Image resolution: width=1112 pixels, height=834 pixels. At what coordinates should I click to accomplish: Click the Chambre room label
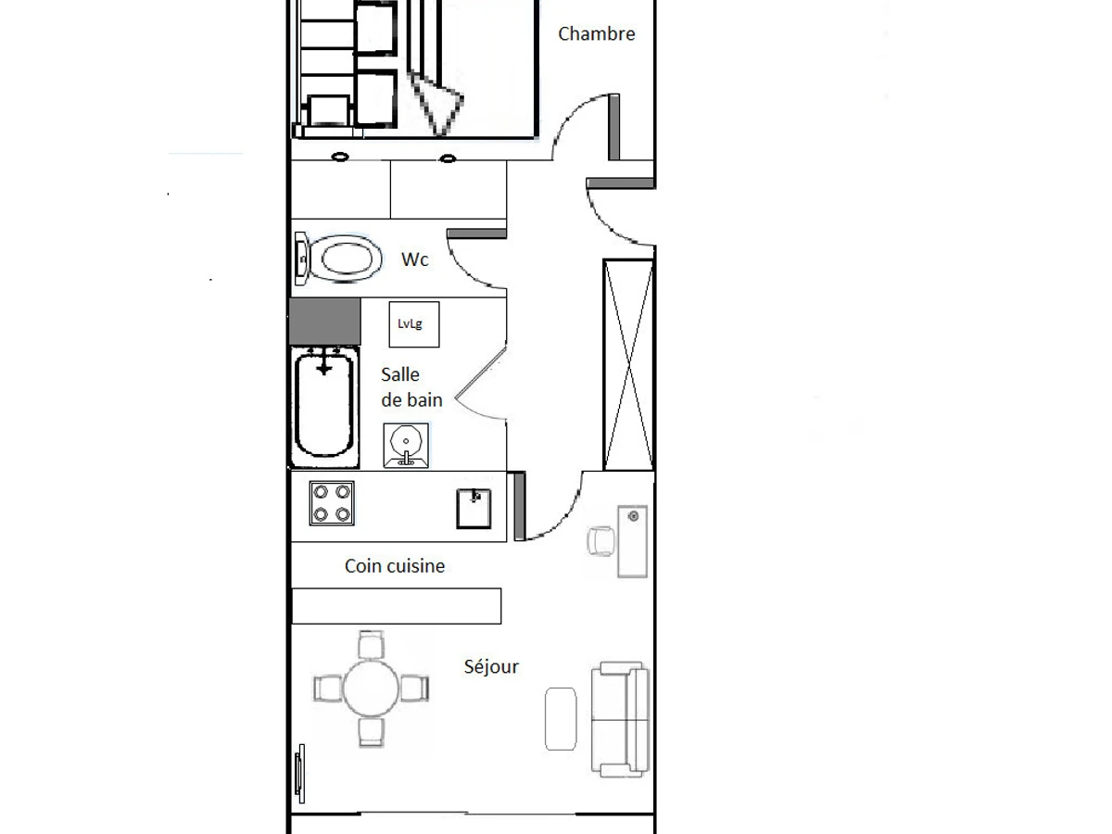(596, 34)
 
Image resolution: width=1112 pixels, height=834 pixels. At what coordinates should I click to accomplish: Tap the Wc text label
(414, 260)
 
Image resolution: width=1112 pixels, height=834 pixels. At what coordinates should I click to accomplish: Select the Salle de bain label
(411, 387)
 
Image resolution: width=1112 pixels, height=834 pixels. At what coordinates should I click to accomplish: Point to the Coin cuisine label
(394, 565)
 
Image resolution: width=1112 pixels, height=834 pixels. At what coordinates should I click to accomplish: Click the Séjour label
(490, 666)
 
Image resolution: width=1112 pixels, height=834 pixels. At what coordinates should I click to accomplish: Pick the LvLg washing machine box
(413, 324)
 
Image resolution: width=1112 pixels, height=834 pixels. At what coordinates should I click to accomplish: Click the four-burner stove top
(333, 503)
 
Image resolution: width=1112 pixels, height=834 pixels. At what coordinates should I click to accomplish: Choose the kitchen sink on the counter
(474, 509)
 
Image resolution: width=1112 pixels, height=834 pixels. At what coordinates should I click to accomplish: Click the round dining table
(371, 688)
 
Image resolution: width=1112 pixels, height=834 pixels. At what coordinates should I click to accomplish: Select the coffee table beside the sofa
(560, 718)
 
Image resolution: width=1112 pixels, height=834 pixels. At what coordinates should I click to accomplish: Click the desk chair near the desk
(600, 540)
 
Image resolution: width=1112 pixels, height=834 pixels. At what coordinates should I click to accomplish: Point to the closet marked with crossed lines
(628, 365)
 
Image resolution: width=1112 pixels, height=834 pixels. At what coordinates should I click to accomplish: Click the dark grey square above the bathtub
(323, 321)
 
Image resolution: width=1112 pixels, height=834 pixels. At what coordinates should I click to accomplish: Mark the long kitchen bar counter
(397, 606)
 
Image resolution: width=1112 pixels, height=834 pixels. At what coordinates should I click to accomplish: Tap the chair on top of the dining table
(371, 643)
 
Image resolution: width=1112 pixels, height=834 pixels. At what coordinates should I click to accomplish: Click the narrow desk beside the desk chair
(633, 541)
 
